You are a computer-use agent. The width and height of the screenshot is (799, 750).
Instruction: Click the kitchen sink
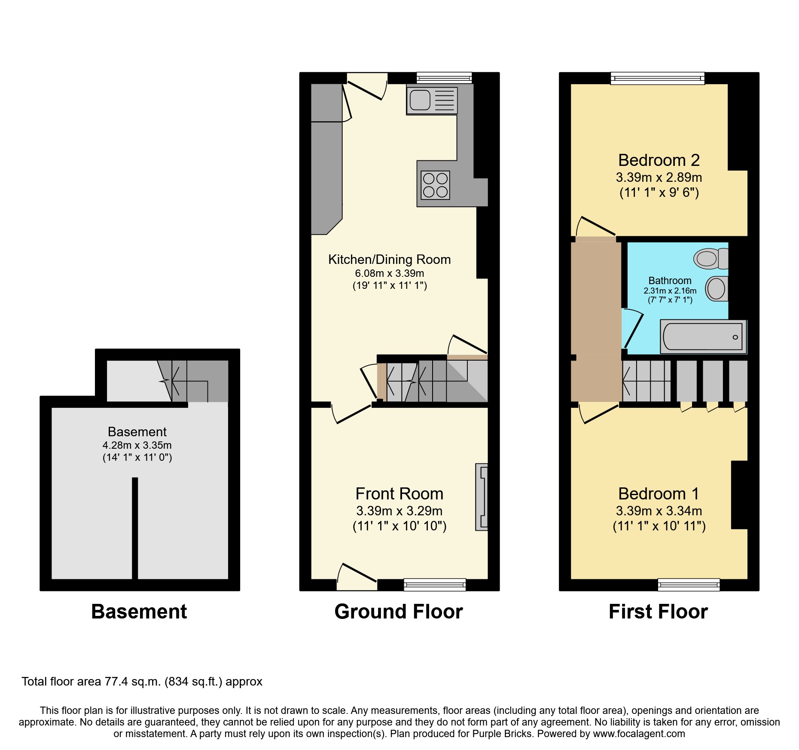431,101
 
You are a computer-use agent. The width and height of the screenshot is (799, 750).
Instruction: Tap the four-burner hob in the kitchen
435,185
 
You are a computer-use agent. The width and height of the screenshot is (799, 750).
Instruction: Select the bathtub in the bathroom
703,337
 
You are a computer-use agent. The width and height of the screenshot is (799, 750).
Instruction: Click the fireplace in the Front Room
482,497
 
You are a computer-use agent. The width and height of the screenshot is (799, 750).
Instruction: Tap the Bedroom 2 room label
659,160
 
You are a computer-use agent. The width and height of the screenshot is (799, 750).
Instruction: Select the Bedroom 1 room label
659,493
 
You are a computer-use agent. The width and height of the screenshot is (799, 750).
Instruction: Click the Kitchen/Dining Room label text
389,259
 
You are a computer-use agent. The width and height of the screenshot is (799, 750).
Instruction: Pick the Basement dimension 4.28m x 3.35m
137,445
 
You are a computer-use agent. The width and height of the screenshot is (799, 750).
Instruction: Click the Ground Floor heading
398,611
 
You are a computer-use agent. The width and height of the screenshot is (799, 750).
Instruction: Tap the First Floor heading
658,611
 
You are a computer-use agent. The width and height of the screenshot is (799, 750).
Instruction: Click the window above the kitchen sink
444,78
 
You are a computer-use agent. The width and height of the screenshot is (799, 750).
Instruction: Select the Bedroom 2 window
657,78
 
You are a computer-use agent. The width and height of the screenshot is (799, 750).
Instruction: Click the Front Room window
434,584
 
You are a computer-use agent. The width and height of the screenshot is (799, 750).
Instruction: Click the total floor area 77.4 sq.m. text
142,681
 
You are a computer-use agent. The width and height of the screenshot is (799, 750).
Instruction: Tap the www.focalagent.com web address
639,734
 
